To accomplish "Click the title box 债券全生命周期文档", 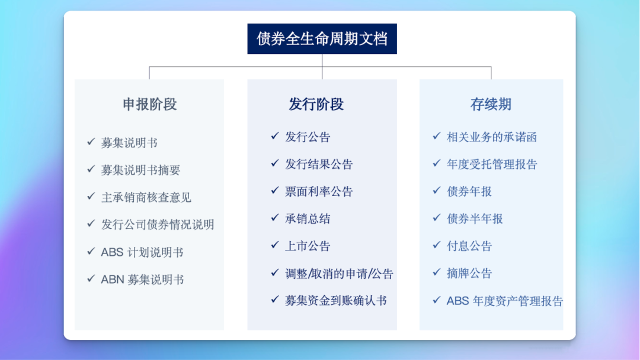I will coord(322,39).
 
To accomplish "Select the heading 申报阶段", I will coord(150,105).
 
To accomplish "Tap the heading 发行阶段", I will coord(316,105).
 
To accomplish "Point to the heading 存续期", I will coord(491,105).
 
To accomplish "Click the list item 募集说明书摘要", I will coord(140,170).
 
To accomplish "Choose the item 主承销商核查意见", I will coord(146,197).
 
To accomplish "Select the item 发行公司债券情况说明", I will coord(158,224).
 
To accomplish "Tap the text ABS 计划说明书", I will coord(142,252).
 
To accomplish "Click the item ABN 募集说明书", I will coord(142,279).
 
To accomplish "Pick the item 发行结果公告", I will coord(319,164).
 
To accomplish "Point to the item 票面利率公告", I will coord(319,191).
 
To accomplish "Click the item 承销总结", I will coord(308,218).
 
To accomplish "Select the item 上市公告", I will coord(308,246).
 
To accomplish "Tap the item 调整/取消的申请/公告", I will coord(339,274).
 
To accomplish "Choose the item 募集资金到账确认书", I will coord(335,301).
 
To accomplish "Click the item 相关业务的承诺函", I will coord(492,137).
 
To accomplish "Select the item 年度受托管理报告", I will coord(492,164).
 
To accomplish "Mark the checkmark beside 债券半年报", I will coord(437,218).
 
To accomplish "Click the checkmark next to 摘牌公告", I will coord(437,272).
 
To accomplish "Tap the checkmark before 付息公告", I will coord(437,245).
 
